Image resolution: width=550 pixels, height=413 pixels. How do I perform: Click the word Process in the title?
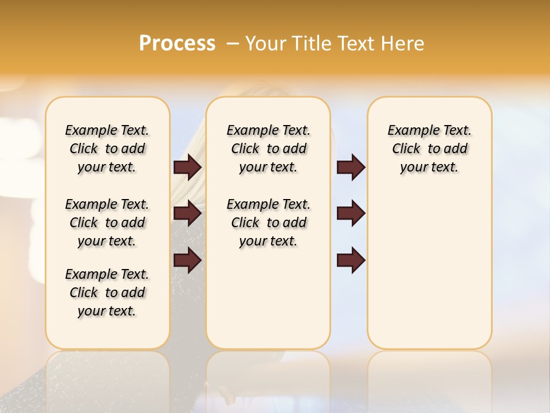coord(177,44)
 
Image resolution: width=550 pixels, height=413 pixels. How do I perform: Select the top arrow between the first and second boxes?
coord(187,167)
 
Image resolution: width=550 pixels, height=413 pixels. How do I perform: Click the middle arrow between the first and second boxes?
coord(187,213)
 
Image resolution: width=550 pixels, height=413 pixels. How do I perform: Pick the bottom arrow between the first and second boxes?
coord(187,260)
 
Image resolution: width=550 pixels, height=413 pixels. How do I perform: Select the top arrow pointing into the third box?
coord(351,167)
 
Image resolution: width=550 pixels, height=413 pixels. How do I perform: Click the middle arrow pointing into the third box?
coord(351,213)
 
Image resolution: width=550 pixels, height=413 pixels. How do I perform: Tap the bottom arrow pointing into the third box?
coord(351,260)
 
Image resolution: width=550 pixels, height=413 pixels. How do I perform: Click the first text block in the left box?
coord(107,149)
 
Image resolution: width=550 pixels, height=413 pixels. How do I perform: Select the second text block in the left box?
coord(107,223)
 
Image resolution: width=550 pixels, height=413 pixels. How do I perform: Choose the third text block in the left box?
coord(107,293)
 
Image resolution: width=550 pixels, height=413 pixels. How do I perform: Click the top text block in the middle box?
coord(268,149)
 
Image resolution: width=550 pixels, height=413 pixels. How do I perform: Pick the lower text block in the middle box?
coord(268,223)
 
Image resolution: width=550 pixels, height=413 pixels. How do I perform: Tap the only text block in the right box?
coord(429,149)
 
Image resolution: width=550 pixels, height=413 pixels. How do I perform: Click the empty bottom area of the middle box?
coord(268,304)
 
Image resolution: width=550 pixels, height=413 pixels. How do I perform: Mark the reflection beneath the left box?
coord(108,373)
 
